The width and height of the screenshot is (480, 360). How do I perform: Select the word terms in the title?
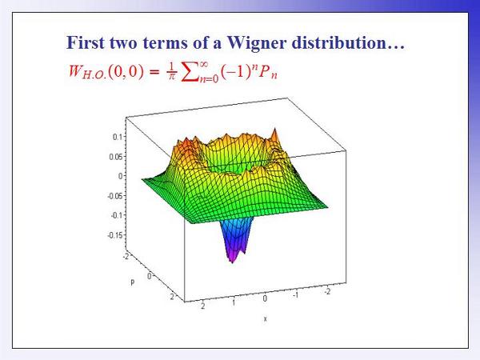(x=165, y=43)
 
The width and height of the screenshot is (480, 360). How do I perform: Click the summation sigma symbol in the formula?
(x=190, y=73)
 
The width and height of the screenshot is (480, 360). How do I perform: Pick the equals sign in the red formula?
(x=155, y=72)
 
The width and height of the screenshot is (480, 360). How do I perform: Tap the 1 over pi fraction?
(x=172, y=72)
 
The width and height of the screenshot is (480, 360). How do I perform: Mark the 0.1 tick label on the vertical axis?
(x=118, y=137)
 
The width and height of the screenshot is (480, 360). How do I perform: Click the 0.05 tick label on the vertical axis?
(x=117, y=157)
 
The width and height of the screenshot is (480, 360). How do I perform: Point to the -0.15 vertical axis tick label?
(x=116, y=236)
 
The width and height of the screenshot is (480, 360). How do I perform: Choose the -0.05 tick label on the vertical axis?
(x=116, y=196)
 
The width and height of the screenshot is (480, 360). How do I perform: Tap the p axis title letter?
(x=132, y=282)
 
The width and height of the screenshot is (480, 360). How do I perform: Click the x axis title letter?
(x=265, y=319)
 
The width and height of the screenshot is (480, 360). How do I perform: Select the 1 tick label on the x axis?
(x=234, y=302)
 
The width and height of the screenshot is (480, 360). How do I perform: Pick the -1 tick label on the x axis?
(x=295, y=295)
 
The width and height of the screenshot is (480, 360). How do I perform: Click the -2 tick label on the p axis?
(x=126, y=256)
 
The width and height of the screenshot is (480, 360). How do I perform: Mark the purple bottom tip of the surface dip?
(x=232, y=262)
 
